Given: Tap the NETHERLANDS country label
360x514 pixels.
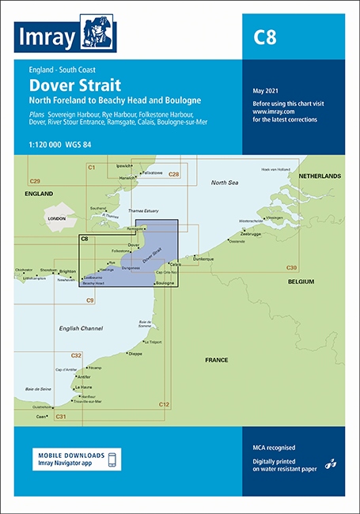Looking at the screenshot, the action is coord(319,176).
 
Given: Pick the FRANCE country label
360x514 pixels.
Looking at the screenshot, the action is coord(216,360).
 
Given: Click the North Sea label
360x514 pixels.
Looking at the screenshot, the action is coord(224,183).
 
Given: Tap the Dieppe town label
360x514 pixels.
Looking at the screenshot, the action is coord(135,353).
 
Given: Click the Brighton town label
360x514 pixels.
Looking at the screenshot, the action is coord(68,270).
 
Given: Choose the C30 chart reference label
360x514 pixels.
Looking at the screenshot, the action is coord(292,269).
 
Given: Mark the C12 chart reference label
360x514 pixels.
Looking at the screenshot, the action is coord(164,405).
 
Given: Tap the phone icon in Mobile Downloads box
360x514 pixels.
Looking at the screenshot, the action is coord(113,459).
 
